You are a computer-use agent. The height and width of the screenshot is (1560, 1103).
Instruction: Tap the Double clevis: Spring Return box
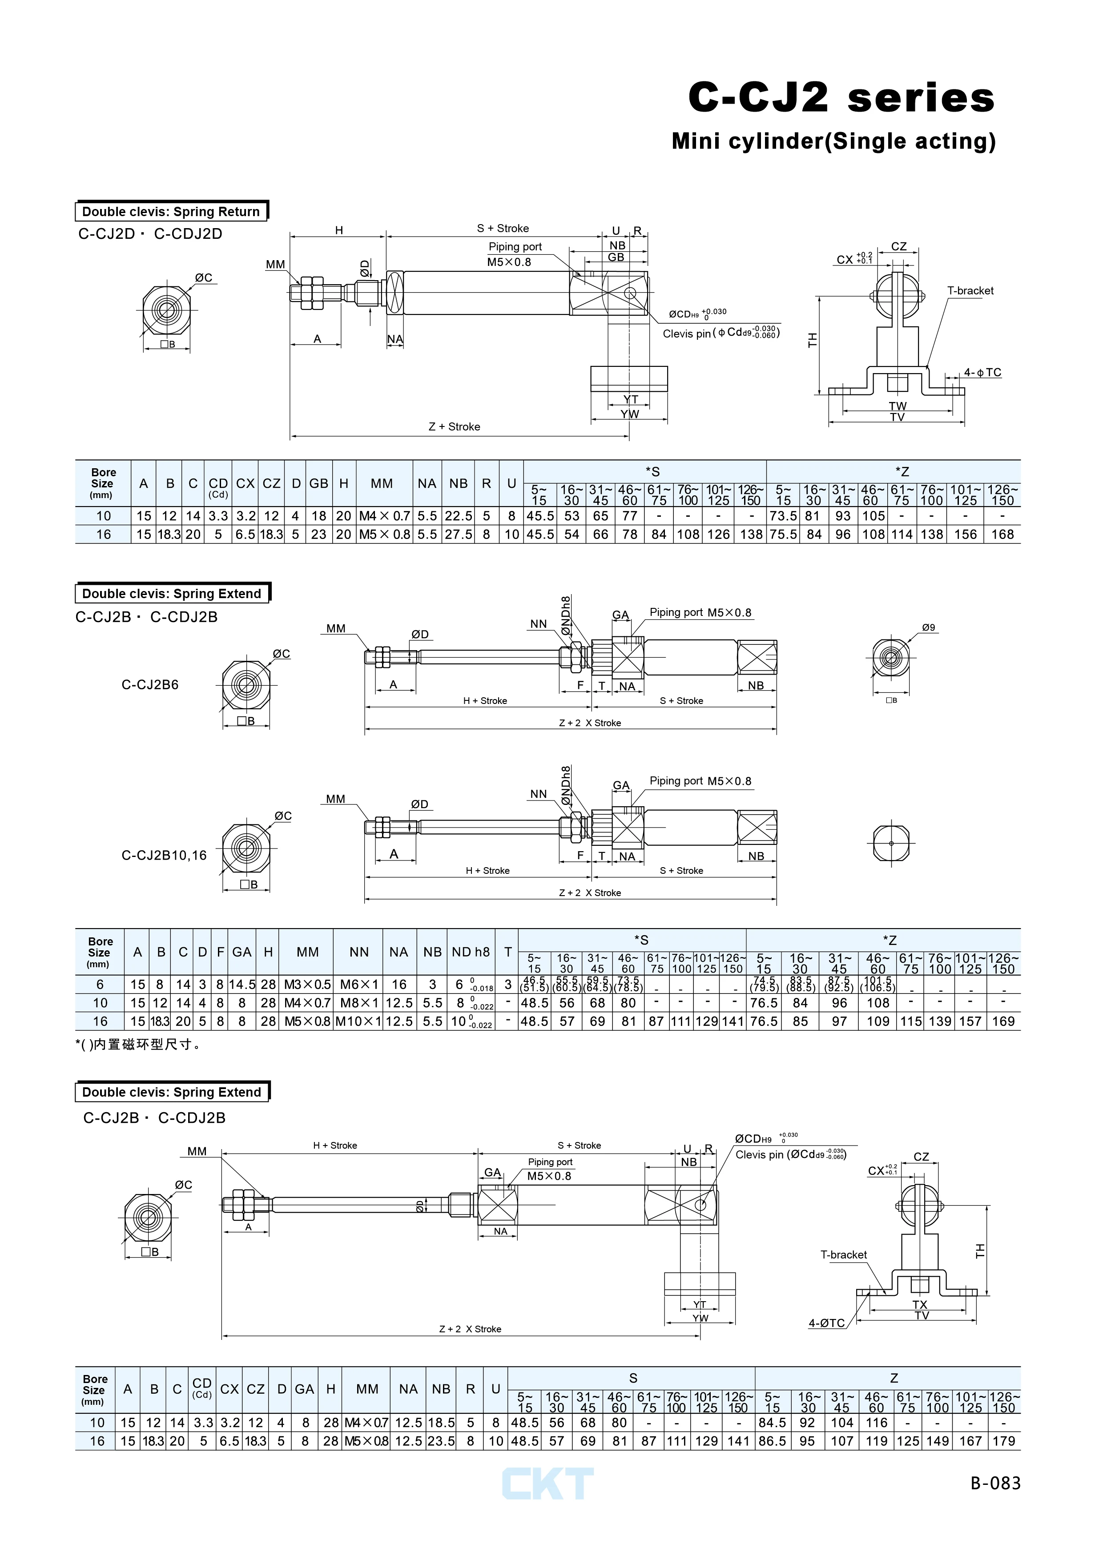coord(171,211)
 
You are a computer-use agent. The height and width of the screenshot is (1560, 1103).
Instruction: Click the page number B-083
coord(995,1483)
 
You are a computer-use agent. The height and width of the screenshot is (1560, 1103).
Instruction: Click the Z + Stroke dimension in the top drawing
coord(454,427)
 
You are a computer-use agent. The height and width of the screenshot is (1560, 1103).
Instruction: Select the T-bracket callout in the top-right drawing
coord(970,291)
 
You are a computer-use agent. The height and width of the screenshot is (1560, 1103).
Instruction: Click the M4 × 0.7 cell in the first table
coord(384,516)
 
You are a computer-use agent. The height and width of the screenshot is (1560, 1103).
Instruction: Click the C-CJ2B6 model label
coord(149,685)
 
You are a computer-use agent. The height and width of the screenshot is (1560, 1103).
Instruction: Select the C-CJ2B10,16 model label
coord(164,856)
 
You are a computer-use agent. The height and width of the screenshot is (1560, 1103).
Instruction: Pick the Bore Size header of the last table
coord(94,1390)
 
